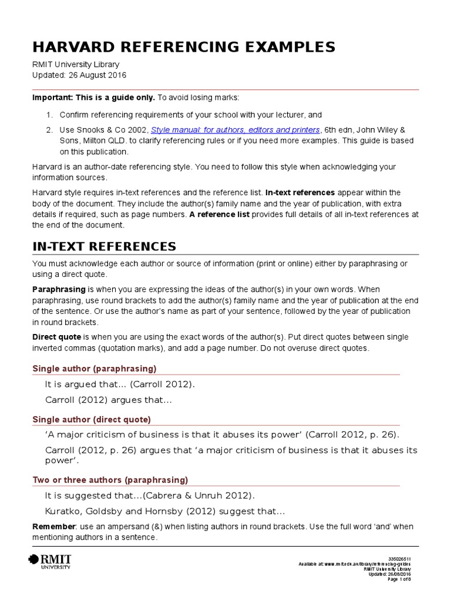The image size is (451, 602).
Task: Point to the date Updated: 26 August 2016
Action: (x=79, y=75)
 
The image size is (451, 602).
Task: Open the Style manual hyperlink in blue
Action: (x=235, y=130)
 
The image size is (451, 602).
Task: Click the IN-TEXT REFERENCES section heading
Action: (x=104, y=246)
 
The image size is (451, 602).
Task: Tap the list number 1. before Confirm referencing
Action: (x=49, y=115)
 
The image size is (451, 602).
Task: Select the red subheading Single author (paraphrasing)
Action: (x=94, y=369)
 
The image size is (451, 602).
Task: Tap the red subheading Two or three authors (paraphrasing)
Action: (x=110, y=480)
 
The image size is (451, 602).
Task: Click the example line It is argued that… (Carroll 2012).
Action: (x=119, y=384)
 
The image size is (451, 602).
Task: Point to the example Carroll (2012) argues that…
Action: (x=108, y=400)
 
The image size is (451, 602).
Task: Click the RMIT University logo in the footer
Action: (x=50, y=561)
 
